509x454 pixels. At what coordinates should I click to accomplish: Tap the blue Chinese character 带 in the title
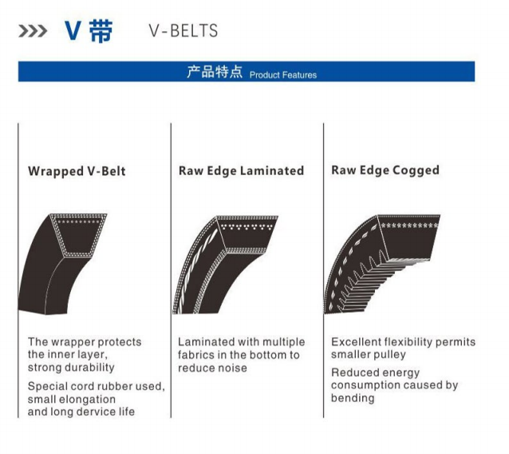[100, 31]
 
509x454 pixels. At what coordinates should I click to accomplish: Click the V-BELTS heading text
[183, 31]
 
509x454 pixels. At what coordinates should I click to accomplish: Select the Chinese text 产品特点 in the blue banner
[215, 72]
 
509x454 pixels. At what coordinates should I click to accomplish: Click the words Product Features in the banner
[283, 75]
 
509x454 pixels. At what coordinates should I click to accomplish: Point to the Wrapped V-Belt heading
[77, 171]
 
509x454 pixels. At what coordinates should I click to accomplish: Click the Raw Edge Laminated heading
[241, 171]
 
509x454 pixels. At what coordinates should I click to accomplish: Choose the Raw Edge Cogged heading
[385, 171]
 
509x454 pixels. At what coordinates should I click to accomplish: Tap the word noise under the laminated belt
[232, 368]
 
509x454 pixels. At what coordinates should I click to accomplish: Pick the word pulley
[389, 355]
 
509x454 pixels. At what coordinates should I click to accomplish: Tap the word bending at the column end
[353, 398]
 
